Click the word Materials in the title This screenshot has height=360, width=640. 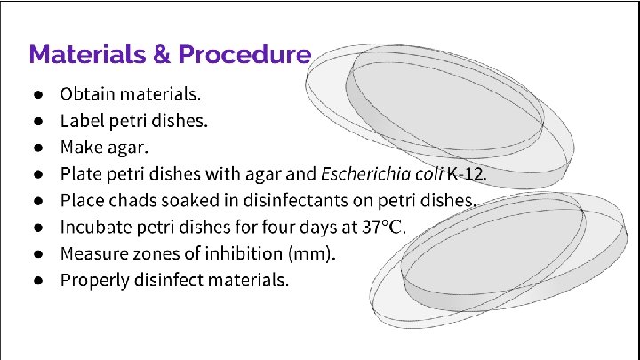pos(87,54)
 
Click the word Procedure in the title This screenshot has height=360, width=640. pos(244,54)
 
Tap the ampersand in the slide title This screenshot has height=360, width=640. pos(162,54)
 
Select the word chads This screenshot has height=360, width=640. pos(129,199)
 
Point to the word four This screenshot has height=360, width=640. pos(291,226)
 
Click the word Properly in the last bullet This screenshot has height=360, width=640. pos(95,279)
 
